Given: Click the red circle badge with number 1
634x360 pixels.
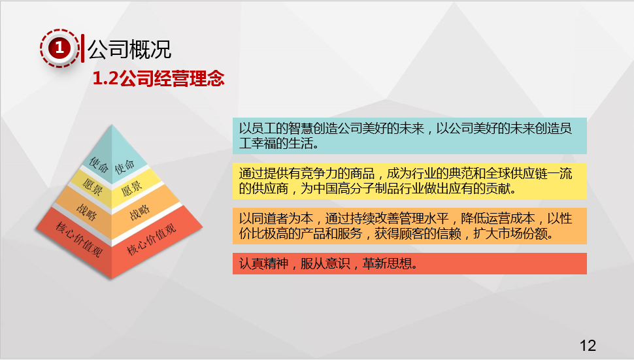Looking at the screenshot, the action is click(x=59, y=48).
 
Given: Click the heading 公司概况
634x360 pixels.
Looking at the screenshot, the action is click(x=129, y=49).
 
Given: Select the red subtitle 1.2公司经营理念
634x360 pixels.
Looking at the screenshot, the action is click(x=158, y=78).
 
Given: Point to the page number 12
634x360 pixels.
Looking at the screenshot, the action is click(x=588, y=346).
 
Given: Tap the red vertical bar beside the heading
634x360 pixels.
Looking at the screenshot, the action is click(x=83, y=48).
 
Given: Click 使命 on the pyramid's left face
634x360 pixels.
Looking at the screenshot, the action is click(x=98, y=165).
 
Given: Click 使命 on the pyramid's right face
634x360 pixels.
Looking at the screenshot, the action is click(x=125, y=166).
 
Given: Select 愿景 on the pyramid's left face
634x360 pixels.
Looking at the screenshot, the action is click(x=92, y=186).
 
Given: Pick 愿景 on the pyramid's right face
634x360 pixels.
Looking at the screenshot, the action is click(x=131, y=188).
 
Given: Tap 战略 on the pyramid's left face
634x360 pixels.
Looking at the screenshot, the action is click(x=86, y=211).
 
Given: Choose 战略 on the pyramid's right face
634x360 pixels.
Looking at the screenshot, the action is click(x=139, y=212).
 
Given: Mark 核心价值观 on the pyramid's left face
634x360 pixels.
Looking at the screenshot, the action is click(x=78, y=239).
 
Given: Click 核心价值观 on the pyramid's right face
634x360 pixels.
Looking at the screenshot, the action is click(x=152, y=238).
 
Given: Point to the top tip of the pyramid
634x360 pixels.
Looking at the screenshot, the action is click(x=112, y=125).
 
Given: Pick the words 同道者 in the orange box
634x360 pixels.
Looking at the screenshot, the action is click(x=269, y=219).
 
